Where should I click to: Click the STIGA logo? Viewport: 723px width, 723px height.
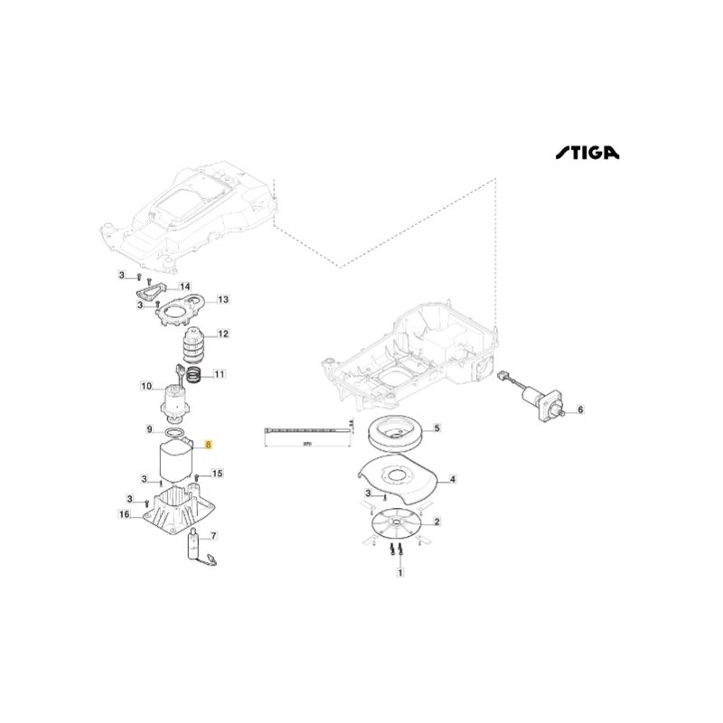click(x=587, y=154)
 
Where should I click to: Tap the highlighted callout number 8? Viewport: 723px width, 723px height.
click(x=209, y=445)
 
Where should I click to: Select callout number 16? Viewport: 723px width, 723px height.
click(x=124, y=514)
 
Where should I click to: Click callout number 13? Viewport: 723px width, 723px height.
click(x=223, y=299)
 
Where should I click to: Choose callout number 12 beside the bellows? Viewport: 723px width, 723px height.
click(x=222, y=334)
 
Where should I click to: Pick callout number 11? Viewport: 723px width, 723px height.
click(x=219, y=373)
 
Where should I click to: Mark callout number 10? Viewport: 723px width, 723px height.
click(x=146, y=387)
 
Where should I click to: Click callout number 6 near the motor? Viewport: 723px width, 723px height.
click(x=580, y=409)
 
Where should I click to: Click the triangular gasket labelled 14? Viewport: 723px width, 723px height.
click(x=147, y=291)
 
